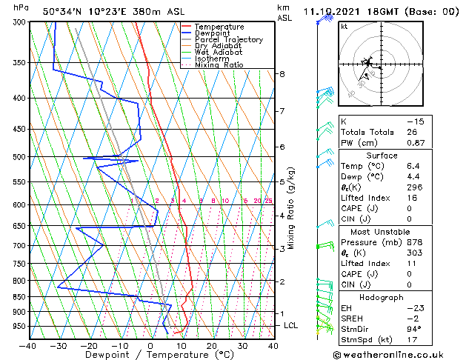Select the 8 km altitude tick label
pos(282,74)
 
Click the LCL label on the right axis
pos(291,325)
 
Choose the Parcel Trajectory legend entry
pos(228,39)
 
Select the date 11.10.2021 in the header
pos(330,11)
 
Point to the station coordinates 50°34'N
pos(64,11)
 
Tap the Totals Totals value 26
pos(413,132)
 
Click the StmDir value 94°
pos(413,330)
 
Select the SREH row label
pos(353,319)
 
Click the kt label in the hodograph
pos(344,27)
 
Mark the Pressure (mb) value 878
pos(414,241)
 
